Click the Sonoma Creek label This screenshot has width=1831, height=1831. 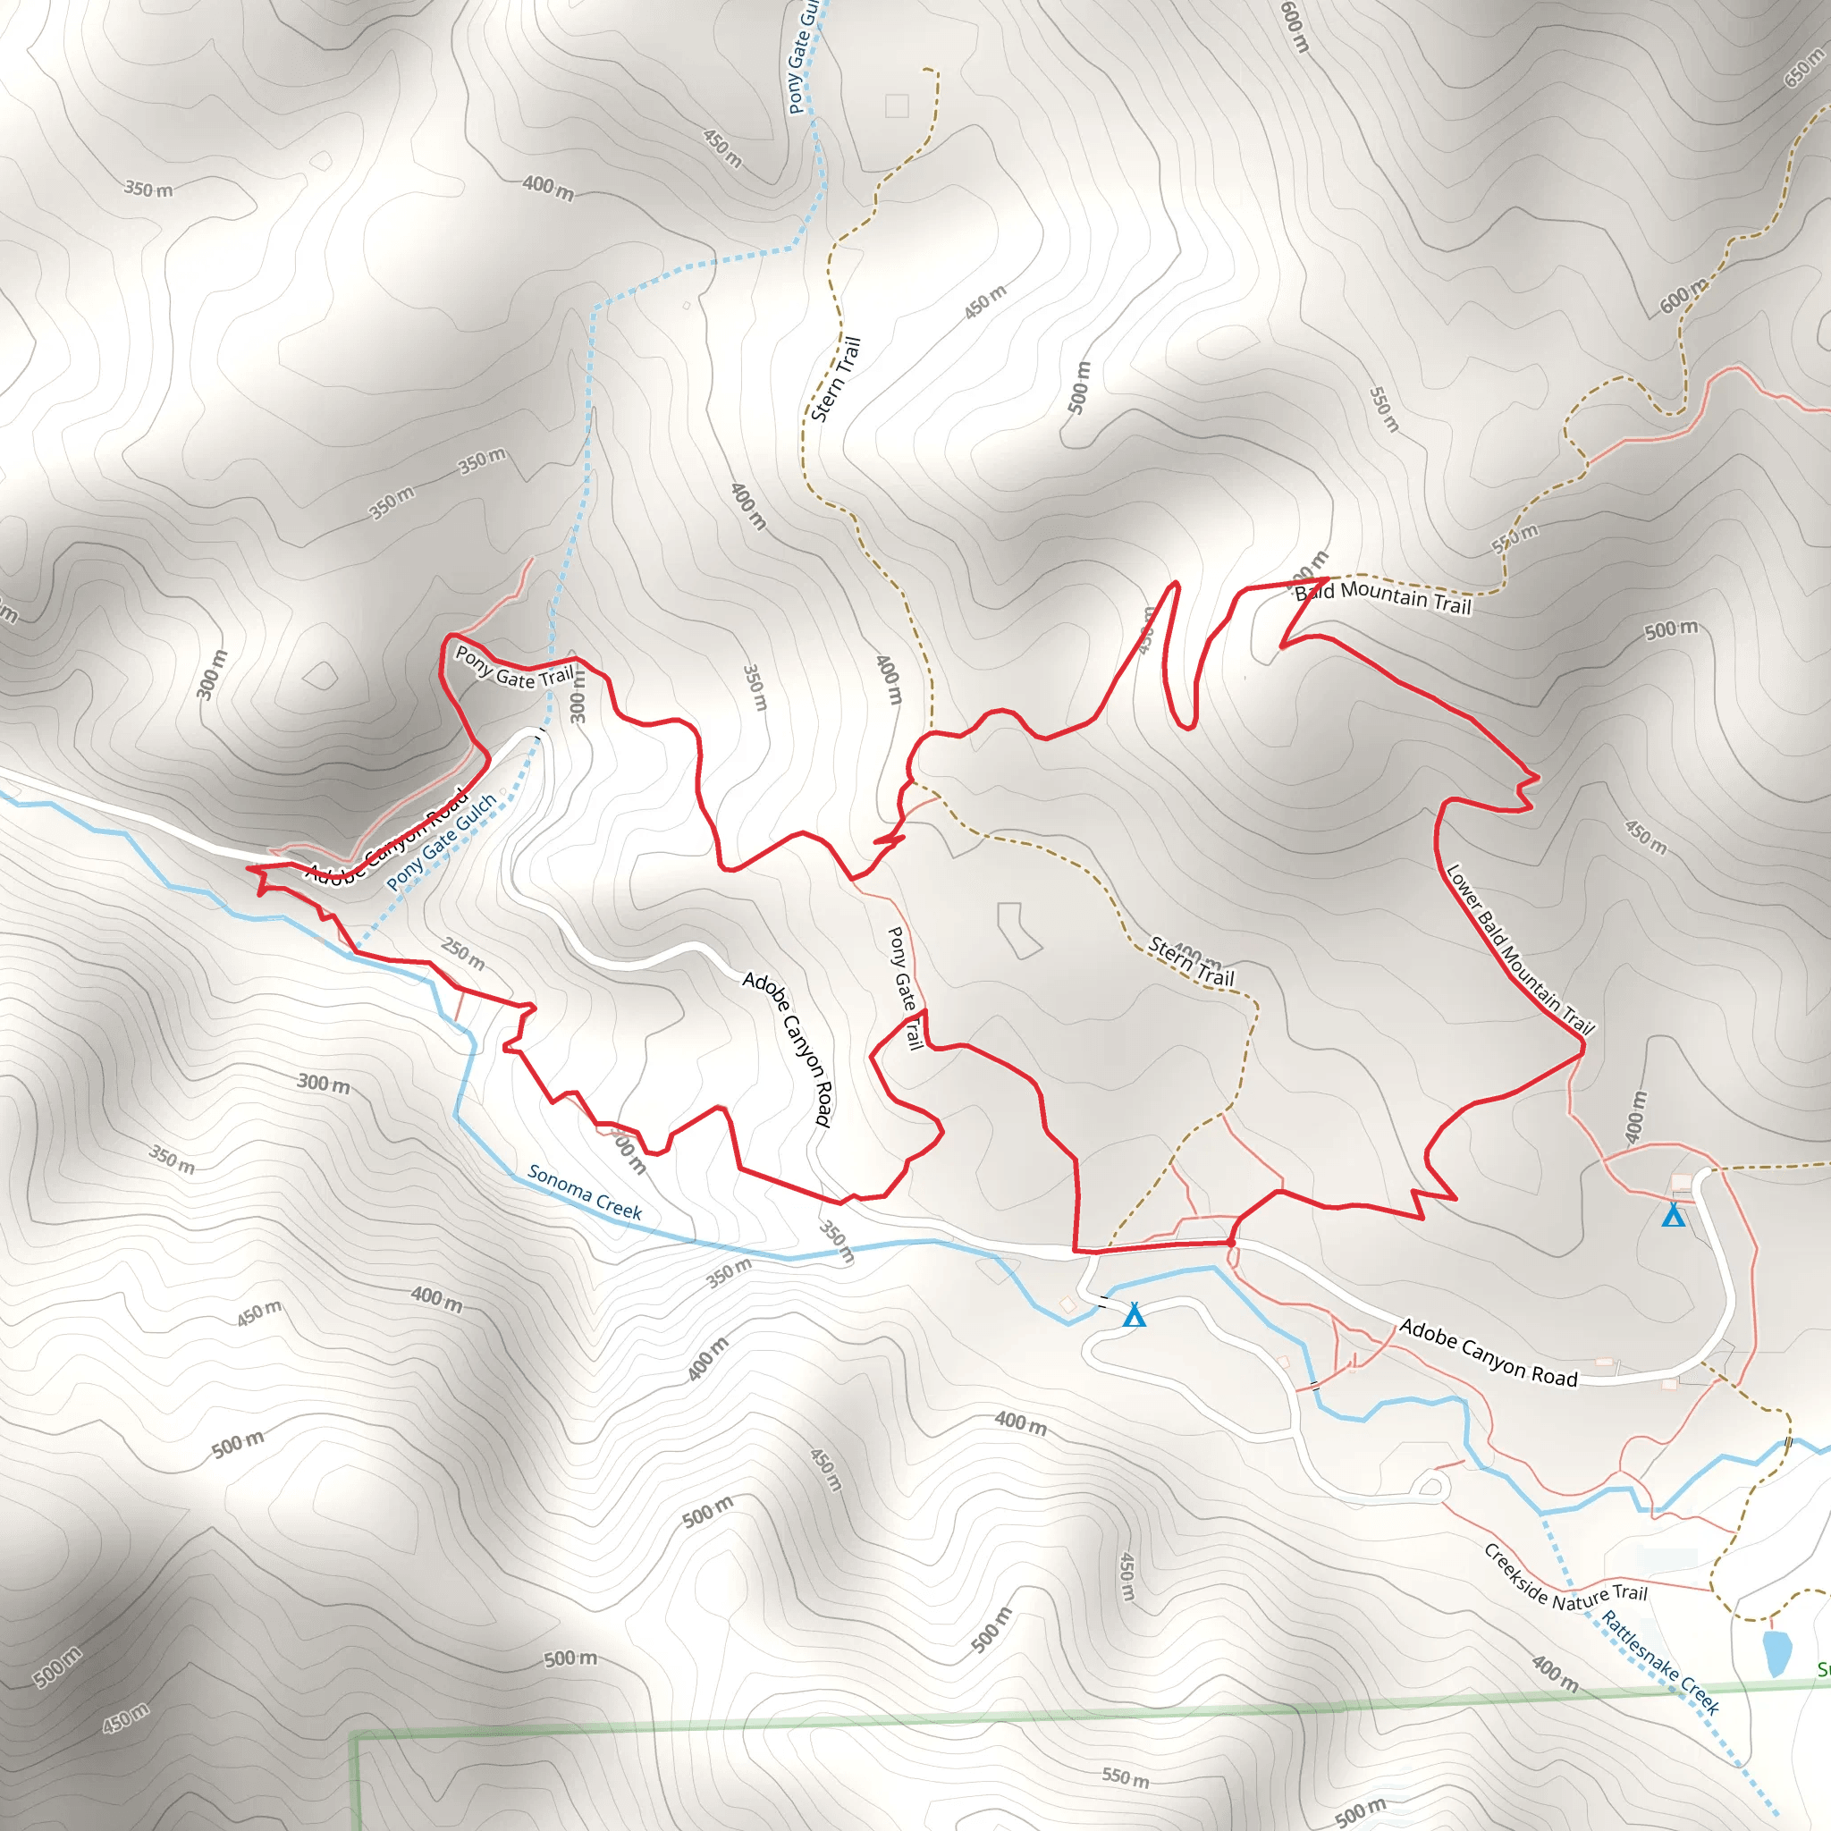click(x=585, y=1191)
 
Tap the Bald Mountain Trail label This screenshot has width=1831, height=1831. click(x=1383, y=598)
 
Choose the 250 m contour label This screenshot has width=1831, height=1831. click(x=462, y=953)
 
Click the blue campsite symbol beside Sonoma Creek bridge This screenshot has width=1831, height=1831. click(x=1134, y=1315)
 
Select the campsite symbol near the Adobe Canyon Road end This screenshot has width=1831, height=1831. click(x=1674, y=1215)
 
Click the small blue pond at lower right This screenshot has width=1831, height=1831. click(x=1777, y=1652)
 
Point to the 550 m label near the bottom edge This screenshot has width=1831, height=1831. click(x=1125, y=1776)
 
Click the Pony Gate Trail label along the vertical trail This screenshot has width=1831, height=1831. click(x=904, y=988)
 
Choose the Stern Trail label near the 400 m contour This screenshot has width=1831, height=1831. click(x=1191, y=960)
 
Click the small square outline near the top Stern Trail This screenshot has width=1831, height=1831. click(x=897, y=105)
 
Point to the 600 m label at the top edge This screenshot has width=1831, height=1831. click(x=1294, y=26)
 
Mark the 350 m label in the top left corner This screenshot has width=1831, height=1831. click(x=148, y=190)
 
